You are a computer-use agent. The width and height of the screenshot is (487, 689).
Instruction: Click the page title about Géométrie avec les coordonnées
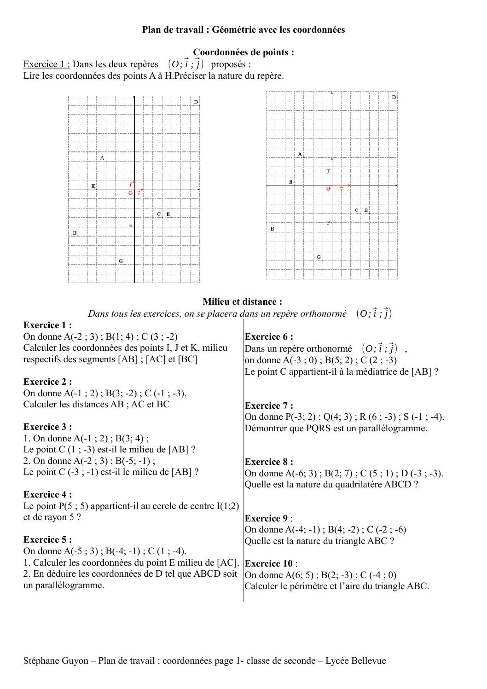coord(243,30)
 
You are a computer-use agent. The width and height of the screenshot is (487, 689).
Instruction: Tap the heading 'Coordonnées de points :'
coord(243,52)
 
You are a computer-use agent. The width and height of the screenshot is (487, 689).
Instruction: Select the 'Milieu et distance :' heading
coord(242,302)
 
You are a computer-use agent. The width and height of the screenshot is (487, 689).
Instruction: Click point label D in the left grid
coord(196,102)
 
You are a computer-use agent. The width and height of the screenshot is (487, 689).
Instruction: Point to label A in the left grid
coord(102,158)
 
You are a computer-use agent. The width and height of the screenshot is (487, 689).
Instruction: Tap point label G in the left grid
coord(121,261)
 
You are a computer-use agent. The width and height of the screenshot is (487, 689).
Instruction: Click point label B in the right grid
coord(272,229)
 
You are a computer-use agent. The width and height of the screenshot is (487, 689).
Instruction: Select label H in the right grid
coord(290,182)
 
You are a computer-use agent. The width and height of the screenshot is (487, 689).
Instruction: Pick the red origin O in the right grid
coord(328,188)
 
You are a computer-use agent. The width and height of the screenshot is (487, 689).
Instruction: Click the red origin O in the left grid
coord(130,193)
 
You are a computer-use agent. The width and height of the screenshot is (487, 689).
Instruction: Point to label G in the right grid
coord(319,257)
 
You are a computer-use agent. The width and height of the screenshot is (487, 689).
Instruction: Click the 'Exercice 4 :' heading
coord(47,495)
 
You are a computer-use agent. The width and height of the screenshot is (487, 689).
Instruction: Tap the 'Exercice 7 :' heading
coord(269,405)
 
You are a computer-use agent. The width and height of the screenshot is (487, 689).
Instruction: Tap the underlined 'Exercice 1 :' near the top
coord(46,64)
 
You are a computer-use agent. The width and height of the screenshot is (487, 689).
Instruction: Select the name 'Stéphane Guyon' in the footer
coord(56,661)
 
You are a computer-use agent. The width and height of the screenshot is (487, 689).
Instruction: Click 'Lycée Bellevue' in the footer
coord(356,661)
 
